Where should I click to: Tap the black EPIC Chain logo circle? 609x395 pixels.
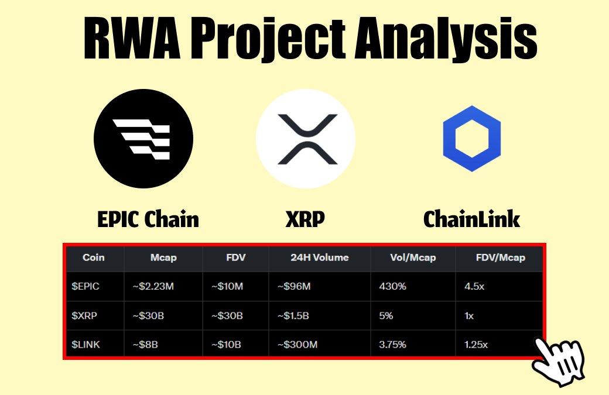coord(143,139)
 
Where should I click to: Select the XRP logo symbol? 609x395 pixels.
coord(307,139)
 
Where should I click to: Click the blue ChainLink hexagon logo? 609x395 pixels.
coord(472,139)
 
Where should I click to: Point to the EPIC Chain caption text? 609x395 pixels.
coord(148,219)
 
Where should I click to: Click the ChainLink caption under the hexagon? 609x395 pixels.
coord(471,219)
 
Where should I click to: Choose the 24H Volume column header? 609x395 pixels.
coord(320,257)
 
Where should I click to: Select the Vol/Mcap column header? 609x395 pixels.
coord(413,257)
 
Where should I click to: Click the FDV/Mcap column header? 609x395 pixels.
coord(501,257)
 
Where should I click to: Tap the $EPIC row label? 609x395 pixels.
coord(85,286)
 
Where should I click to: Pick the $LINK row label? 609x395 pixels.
coord(85,345)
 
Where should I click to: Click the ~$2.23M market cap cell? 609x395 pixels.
coord(153,286)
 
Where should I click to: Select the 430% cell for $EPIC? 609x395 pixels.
coord(393,286)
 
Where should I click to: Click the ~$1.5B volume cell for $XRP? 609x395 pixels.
coord(293,316)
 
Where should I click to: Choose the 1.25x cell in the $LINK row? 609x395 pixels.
coord(476,345)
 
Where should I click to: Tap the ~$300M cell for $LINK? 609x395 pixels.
coord(297,345)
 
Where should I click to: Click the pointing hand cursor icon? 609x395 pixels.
coord(559,361)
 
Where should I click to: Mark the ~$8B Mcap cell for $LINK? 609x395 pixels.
coord(145,345)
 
